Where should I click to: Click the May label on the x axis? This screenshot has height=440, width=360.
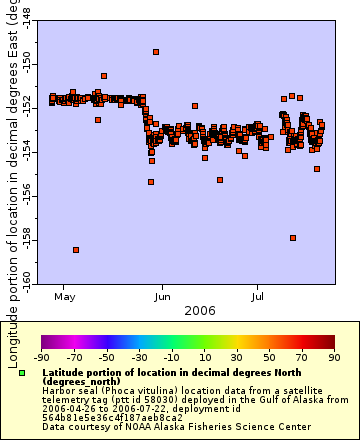point(65,297)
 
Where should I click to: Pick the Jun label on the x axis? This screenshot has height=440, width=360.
point(162,297)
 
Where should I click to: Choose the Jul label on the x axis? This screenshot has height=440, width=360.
point(257,297)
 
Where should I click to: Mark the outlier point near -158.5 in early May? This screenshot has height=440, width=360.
point(76,250)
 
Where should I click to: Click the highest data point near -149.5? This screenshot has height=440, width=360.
point(156,52)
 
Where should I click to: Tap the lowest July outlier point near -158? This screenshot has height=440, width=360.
point(293,238)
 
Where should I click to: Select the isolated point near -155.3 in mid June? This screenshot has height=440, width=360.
point(220,180)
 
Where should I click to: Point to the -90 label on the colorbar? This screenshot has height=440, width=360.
point(41,357)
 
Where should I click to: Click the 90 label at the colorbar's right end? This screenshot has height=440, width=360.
point(334,357)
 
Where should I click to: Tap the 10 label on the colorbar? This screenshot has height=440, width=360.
point(204,357)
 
